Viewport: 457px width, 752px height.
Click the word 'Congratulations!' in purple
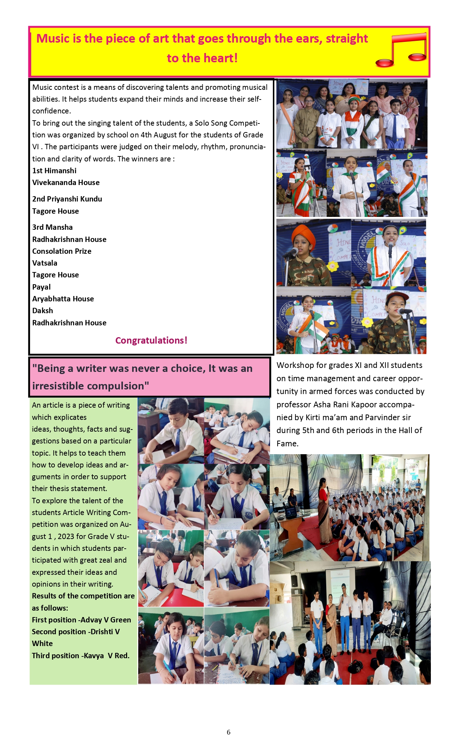(x=151, y=340)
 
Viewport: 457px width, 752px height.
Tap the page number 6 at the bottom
(x=228, y=732)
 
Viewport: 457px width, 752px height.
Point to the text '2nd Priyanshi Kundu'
(x=67, y=199)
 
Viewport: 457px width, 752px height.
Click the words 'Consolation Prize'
(x=62, y=251)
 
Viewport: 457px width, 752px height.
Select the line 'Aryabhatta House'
(x=63, y=299)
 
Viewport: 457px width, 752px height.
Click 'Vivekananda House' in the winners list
(x=66, y=183)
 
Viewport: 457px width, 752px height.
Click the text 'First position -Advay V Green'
(x=81, y=620)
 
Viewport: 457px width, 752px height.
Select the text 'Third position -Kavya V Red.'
(x=81, y=656)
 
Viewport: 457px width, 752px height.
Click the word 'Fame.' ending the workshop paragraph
(x=287, y=444)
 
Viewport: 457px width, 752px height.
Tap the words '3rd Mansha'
(x=52, y=227)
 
